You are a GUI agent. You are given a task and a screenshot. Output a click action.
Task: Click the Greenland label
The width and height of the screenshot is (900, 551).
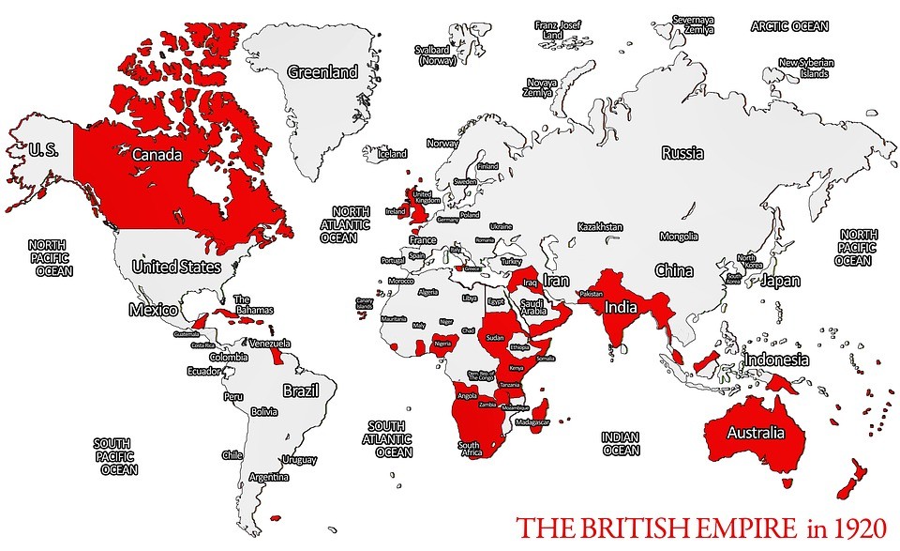click(x=322, y=72)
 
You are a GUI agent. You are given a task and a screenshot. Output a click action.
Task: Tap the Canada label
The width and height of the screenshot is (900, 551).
click(x=157, y=154)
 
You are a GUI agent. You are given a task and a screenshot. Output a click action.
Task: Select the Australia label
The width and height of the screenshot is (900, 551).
click(x=756, y=433)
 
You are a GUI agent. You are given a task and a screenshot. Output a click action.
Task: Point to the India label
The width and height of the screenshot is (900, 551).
click(x=622, y=307)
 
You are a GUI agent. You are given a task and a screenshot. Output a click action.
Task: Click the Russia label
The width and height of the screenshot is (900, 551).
click(x=682, y=153)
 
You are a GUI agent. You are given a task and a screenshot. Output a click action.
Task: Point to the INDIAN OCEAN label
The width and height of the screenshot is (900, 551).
click(x=621, y=443)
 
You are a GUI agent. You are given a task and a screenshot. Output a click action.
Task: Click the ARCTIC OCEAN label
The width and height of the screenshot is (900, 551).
click(x=790, y=26)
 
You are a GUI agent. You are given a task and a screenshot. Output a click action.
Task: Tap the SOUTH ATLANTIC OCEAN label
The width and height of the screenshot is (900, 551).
click(x=386, y=439)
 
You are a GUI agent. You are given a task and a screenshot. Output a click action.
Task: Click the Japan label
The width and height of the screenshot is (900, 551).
click(x=780, y=280)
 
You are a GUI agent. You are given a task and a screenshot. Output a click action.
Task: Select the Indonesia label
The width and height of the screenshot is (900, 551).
click(x=776, y=360)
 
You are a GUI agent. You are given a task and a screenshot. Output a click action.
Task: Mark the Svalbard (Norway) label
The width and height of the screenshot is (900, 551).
click(x=437, y=54)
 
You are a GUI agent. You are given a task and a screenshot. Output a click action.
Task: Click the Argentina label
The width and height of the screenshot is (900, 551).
click(x=269, y=477)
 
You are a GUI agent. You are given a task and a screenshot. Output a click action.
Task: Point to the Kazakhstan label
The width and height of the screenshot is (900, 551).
click(x=600, y=227)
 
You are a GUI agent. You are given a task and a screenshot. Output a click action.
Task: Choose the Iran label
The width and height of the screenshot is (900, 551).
click(x=557, y=280)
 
